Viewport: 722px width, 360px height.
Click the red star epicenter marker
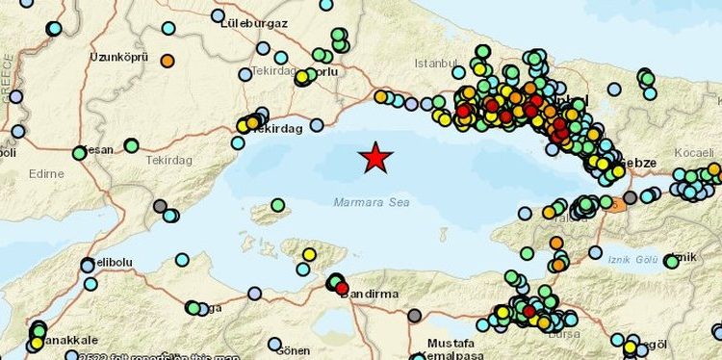pyautogui.click(x=375, y=157)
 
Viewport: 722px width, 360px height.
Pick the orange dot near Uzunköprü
pyautogui.click(x=168, y=61)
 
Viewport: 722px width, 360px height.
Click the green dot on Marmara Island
pyautogui.click(x=277, y=205)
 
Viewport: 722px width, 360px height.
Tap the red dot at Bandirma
pyautogui.click(x=342, y=288)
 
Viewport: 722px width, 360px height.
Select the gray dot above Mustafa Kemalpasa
pyautogui.click(x=414, y=315)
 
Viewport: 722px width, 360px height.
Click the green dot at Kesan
pyautogui.click(x=79, y=153)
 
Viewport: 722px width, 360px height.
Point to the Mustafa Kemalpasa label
pyautogui.click(x=451, y=349)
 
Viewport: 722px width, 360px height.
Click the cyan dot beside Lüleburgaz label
pyautogui.click(x=218, y=15)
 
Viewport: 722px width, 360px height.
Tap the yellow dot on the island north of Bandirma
pyautogui.click(x=309, y=254)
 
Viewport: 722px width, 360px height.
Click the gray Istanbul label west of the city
pyautogui.click(x=432, y=64)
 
